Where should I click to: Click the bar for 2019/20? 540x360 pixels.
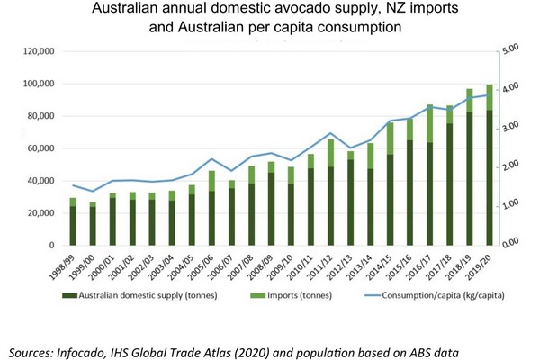point(490,171)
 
